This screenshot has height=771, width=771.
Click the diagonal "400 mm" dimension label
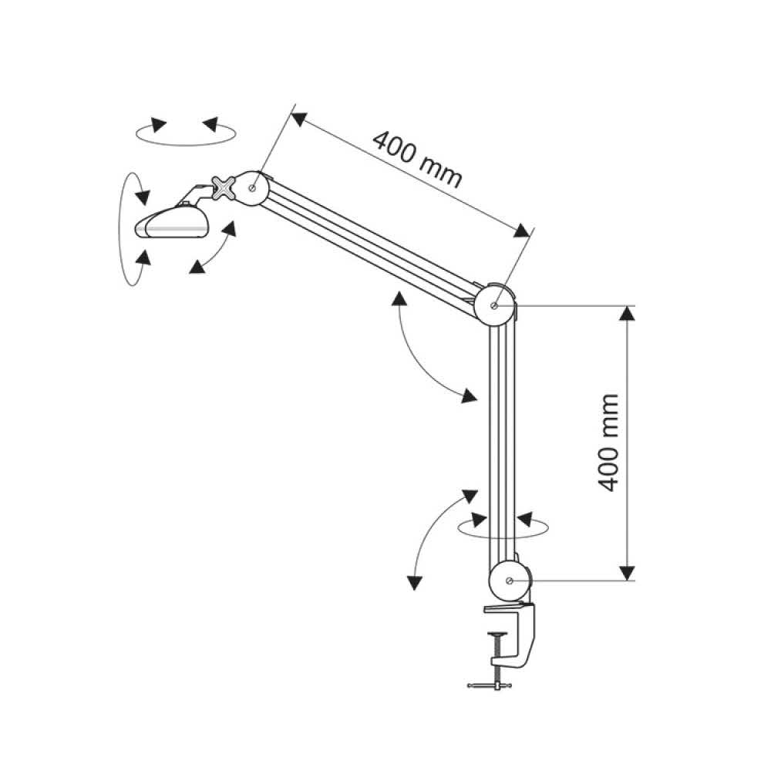(417, 160)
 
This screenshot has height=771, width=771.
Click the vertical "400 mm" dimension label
(609, 442)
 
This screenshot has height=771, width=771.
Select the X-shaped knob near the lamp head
(224, 187)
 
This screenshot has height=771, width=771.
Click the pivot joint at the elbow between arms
(495, 305)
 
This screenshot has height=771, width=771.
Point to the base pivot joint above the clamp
(510, 581)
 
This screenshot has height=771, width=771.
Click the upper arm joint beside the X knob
(252, 188)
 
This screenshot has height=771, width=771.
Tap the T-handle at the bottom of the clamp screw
(490, 685)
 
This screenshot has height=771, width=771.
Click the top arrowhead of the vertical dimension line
(626, 313)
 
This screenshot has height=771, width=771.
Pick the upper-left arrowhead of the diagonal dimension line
(299, 119)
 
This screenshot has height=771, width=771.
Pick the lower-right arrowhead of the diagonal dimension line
(522, 230)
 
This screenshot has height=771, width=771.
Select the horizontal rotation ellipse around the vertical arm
(503, 527)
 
